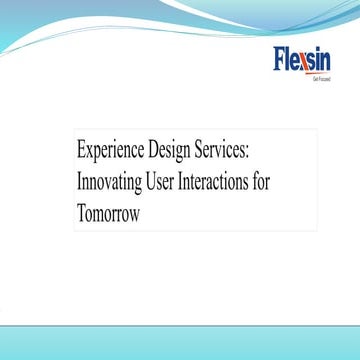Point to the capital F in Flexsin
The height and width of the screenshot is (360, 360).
coord(280,60)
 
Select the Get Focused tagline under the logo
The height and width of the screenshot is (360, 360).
coord(320,77)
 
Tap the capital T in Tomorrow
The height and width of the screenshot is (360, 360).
coord(81,213)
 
